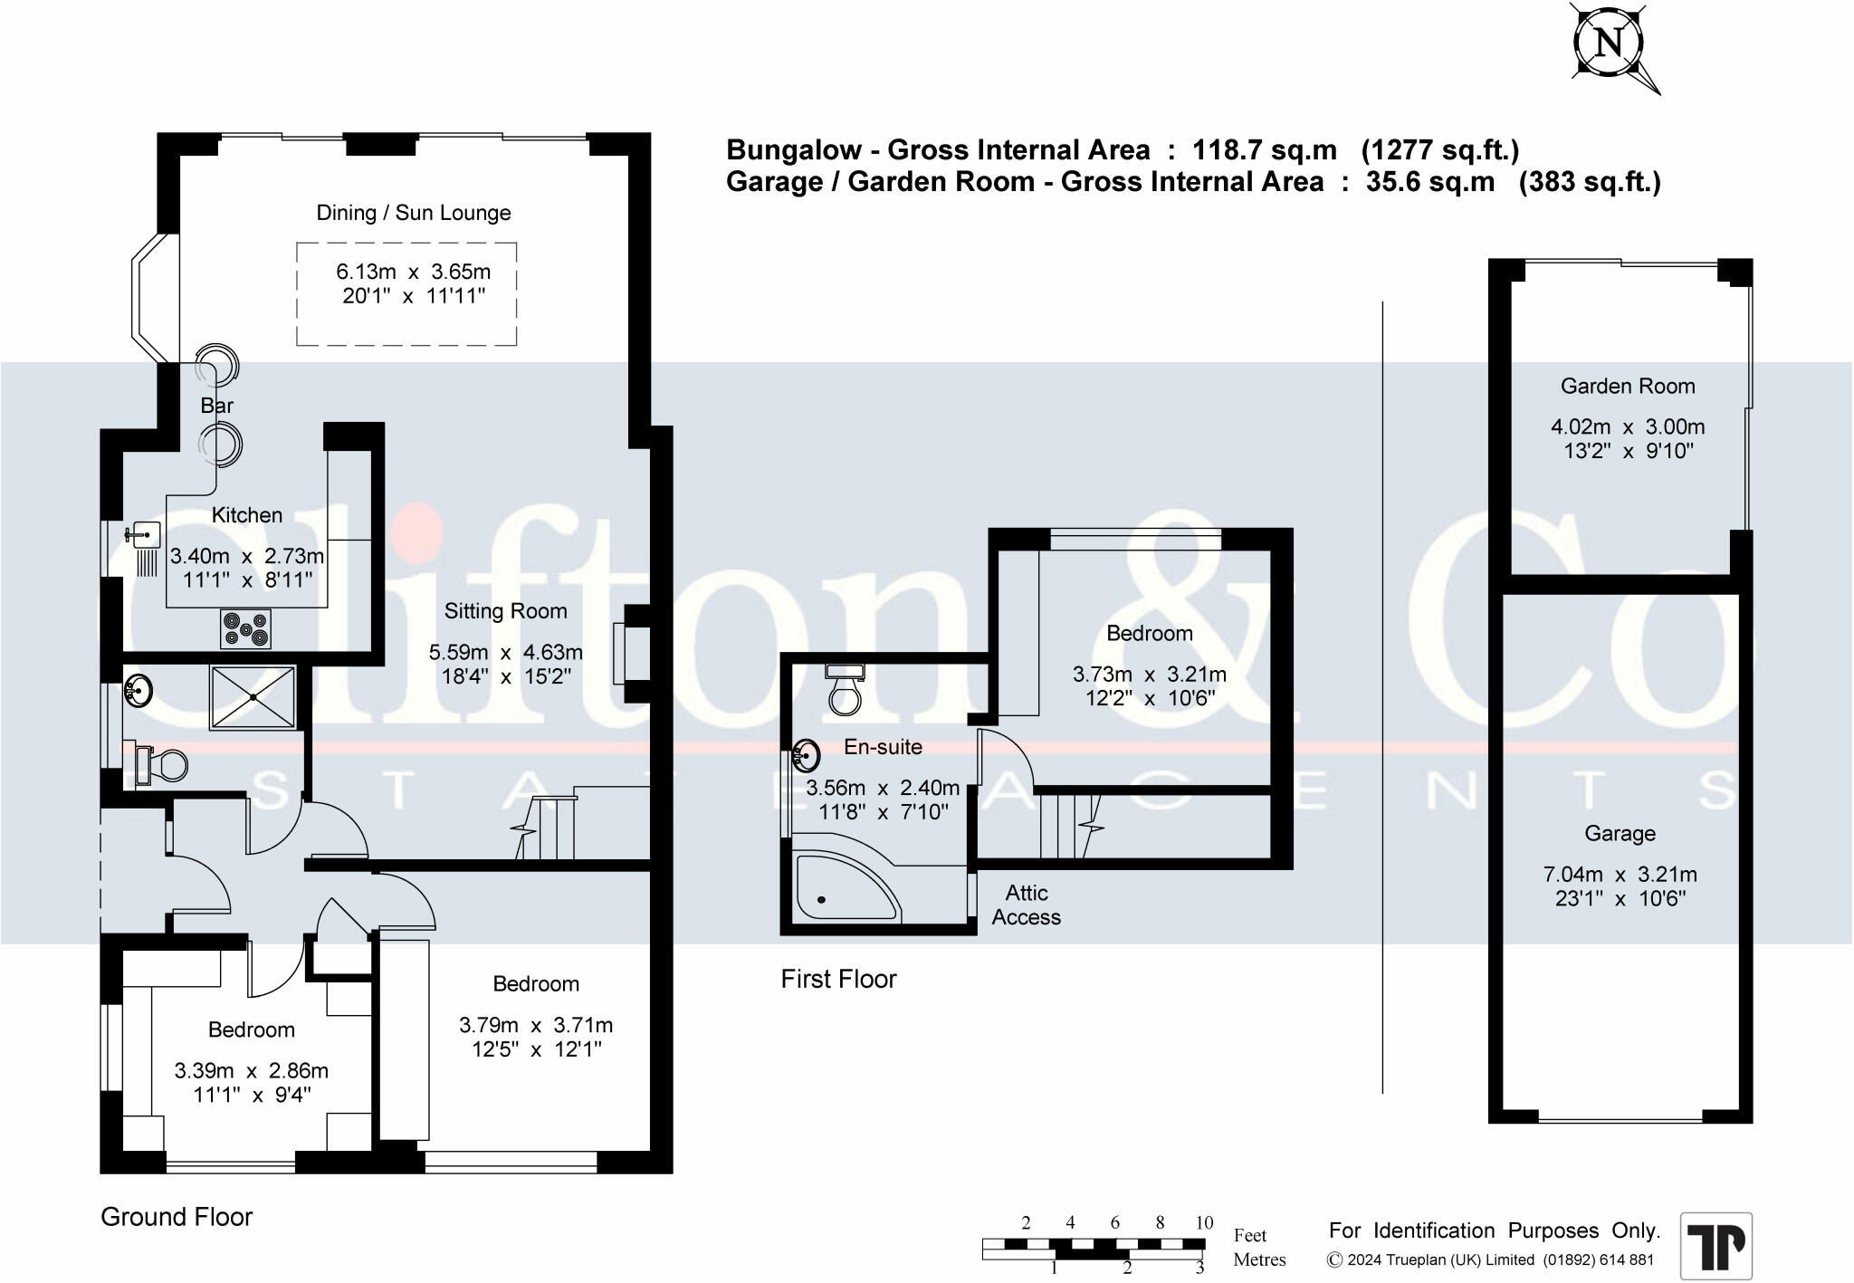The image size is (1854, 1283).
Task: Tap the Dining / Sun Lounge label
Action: (x=413, y=213)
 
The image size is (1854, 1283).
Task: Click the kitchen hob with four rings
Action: (x=246, y=628)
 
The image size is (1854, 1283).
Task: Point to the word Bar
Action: (x=217, y=406)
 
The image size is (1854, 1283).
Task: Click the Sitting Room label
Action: (x=505, y=611)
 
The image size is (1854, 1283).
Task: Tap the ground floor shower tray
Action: (x=253, y=696)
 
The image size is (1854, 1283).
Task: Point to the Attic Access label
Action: (x=1026, y=905)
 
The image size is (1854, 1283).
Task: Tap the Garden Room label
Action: (x=1628, y=387)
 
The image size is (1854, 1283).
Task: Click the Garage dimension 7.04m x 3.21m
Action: (x=1620, y=875)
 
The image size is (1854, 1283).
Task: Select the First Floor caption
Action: (x=838, y=979)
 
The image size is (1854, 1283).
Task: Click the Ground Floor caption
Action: (x=177, y=1217)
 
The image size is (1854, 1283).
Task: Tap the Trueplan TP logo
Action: (x=1716, y=1246)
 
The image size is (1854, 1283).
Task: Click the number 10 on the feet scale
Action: (x=1203, y=1223)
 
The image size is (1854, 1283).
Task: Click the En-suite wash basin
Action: (x=806, y=753)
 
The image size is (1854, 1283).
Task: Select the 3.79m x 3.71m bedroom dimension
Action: (x=536, y=1026)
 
